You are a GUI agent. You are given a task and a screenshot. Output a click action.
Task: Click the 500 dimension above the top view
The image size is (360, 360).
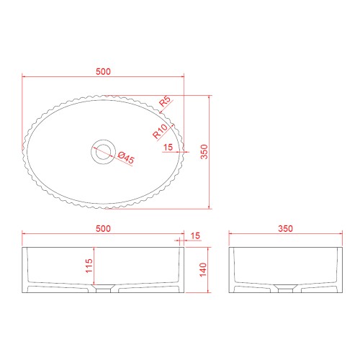(103, 71)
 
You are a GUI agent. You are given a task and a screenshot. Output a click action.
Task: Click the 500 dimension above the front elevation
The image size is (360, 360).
(103, 228)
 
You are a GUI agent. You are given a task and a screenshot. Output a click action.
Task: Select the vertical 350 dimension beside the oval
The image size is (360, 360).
(204, 152)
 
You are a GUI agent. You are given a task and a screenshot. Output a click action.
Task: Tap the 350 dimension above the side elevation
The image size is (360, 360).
(286, 228)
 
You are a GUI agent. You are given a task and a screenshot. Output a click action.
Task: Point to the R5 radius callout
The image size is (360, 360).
(165, 102)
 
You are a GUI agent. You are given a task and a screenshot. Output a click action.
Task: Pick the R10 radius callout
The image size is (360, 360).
(160, 131)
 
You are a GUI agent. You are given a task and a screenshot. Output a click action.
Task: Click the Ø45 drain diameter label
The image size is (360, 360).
(126, 158)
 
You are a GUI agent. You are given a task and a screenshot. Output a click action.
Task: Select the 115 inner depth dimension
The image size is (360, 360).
(89, 266)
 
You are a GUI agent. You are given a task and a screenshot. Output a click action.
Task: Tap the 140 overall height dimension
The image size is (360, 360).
(203, 270)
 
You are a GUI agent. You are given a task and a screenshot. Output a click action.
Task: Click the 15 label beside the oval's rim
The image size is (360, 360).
(168, 147)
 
